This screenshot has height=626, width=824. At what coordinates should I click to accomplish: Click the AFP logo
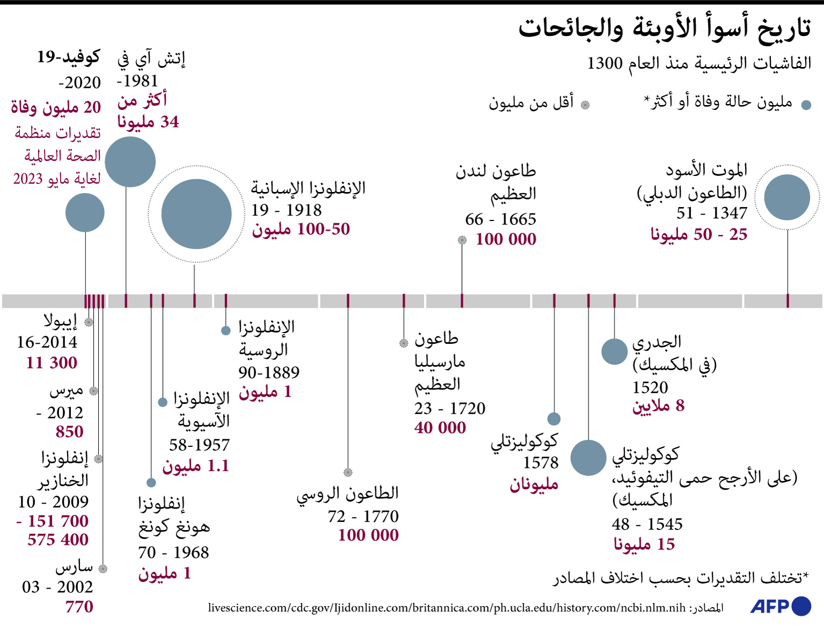781,606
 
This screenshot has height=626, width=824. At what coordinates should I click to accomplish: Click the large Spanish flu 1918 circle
196,214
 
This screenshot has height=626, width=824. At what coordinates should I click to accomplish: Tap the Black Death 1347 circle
787,197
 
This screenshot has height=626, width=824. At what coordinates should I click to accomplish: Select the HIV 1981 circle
130,162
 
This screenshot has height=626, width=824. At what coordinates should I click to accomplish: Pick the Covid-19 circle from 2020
85,213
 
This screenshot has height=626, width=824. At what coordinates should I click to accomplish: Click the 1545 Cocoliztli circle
588,458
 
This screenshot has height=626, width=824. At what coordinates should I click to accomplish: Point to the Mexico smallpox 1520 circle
614,352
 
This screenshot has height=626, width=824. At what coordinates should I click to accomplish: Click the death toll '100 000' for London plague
506,239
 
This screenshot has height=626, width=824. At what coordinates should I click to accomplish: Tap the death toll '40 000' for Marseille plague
440,428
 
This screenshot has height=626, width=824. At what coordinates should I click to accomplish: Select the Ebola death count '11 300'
52,363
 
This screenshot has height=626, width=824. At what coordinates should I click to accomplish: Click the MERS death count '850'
70,432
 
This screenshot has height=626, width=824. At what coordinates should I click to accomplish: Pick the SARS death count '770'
79,607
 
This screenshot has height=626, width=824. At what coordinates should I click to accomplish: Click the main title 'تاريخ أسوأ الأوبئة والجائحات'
664,28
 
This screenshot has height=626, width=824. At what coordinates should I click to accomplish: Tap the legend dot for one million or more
806,105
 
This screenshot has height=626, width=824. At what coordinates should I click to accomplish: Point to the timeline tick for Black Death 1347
788,301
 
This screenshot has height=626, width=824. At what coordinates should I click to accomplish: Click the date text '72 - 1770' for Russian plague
363,516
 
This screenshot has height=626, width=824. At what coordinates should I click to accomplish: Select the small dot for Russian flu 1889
226,330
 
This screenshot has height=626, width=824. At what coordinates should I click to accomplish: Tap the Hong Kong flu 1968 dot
151,483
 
